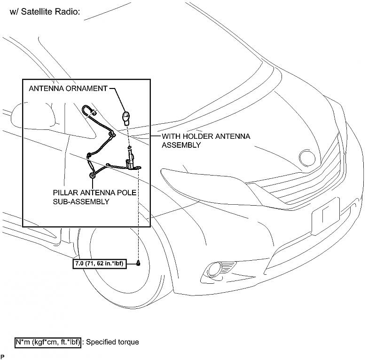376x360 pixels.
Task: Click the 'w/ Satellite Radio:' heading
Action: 45,12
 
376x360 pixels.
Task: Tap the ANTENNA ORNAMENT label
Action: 68,88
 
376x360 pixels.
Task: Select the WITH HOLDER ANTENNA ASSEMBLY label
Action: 206,140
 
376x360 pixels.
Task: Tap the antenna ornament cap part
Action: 125,116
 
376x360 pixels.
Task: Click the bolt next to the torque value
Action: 139,263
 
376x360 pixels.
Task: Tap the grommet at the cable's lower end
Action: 92,175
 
